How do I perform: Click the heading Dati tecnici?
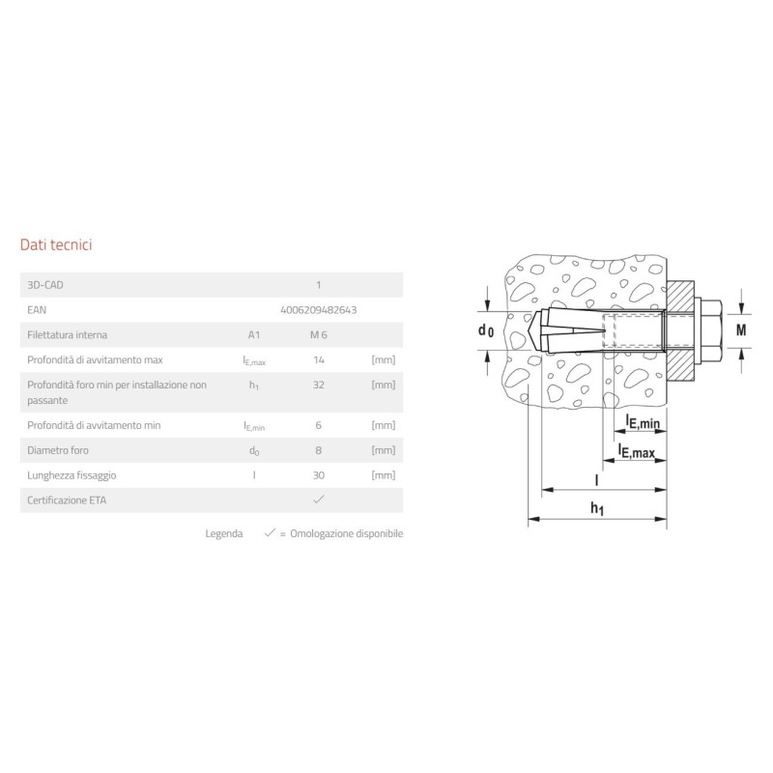point(56,245)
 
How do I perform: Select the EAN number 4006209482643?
point(319,310)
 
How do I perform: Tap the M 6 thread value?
point(319,335)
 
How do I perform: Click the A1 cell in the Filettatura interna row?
point(254,335)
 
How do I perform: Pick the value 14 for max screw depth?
point(319,359)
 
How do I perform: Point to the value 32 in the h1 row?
point(319,385)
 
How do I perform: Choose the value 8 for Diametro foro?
point(319,450)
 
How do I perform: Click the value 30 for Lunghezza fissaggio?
point(319,475)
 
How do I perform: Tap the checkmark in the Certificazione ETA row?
point(319,500)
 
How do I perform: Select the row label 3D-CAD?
point(45,285)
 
